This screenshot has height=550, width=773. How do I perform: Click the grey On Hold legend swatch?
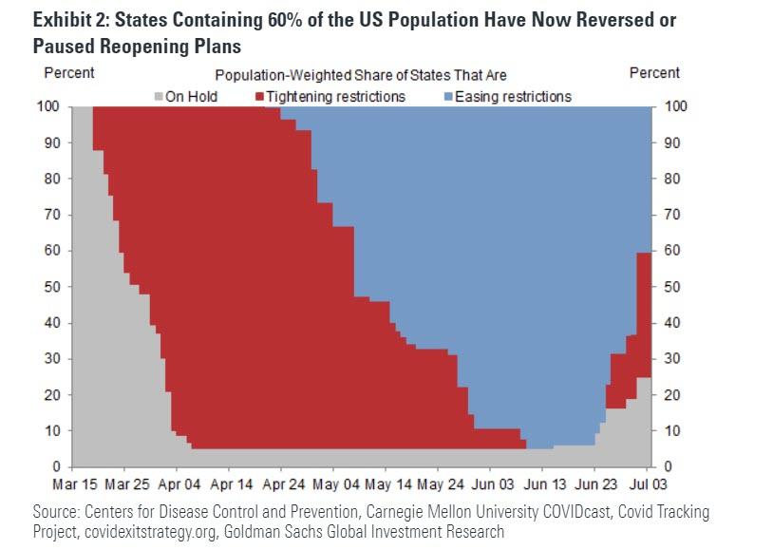point(159,96)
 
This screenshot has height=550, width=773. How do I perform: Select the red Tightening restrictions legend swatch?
point(259,96)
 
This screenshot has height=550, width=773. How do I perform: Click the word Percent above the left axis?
point(69,73)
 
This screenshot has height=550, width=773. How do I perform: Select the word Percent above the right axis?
point(654,73)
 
